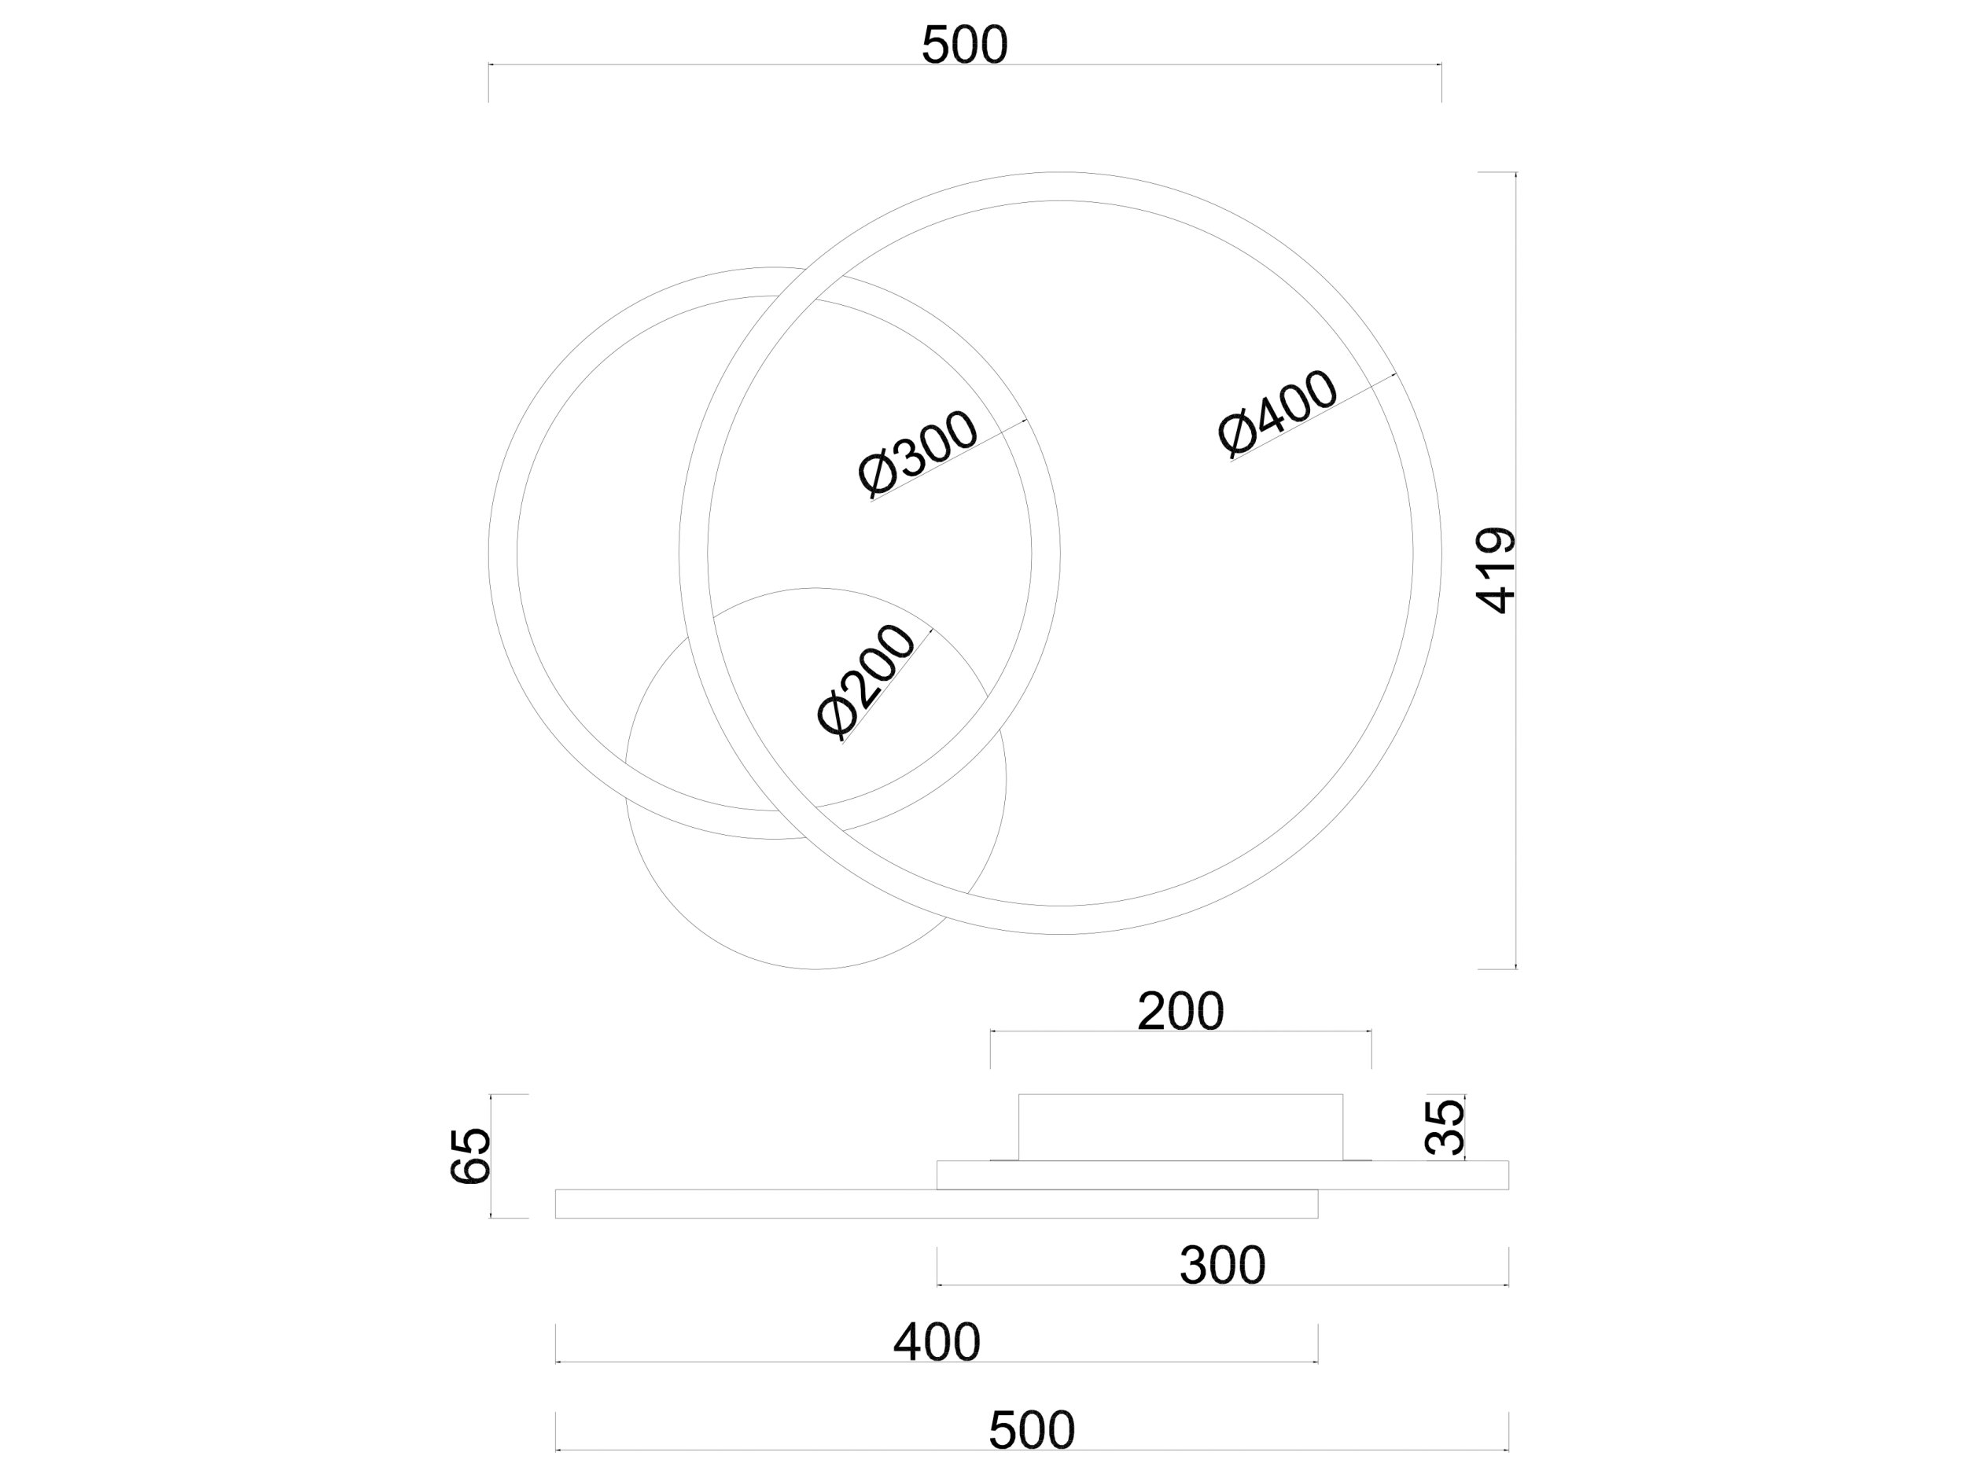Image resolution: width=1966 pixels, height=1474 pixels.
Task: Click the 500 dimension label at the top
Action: click(964, 46)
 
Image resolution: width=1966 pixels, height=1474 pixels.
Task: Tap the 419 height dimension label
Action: click(1496, 571)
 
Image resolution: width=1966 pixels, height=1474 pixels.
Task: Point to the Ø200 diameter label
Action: click(866, 682)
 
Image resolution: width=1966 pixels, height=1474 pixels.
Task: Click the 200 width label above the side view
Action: click(1180, 1011)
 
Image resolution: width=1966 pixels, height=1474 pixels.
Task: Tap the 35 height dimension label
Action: click(1445, 1127)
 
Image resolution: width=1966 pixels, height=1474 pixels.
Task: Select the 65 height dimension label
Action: click(470, 1156)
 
